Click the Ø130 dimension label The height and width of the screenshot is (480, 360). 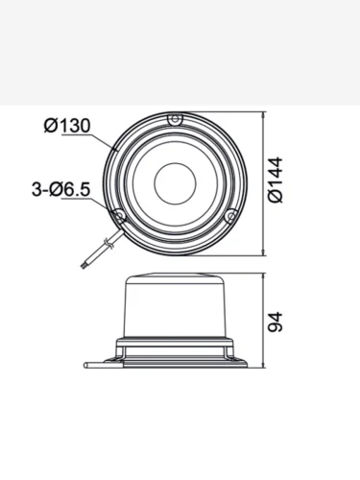coord(67,126)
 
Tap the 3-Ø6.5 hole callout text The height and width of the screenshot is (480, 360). coord(60,189)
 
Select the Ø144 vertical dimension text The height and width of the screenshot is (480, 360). coord(276,180)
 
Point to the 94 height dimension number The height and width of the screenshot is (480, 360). coord(276,323)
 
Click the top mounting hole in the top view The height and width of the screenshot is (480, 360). coord(175,120)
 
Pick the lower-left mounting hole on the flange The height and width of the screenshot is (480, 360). coord(119,216)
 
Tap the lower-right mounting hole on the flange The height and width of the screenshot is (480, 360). coord(231,216)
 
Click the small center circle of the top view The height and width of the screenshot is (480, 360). coord(175,183)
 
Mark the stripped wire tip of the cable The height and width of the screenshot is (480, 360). coord(84,265)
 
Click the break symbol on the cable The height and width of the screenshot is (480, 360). coord(108,244)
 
